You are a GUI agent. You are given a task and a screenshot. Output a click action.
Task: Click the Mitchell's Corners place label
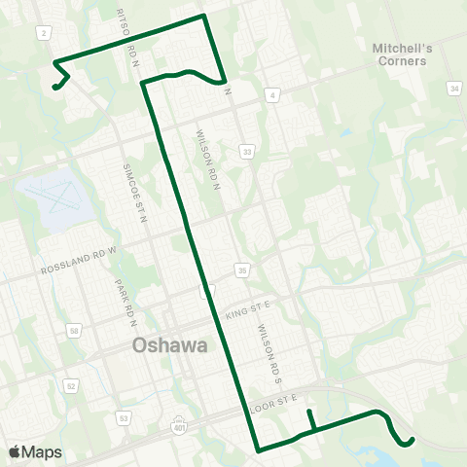point(400,54)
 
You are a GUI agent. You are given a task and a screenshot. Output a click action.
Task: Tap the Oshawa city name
point(166,345)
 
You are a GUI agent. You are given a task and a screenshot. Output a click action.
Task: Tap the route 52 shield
point(71,385)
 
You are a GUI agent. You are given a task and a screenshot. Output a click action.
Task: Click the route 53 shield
point(124,418)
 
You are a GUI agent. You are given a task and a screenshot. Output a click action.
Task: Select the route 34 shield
point(453,89)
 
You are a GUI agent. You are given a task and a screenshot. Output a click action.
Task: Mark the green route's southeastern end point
point(412,441)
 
